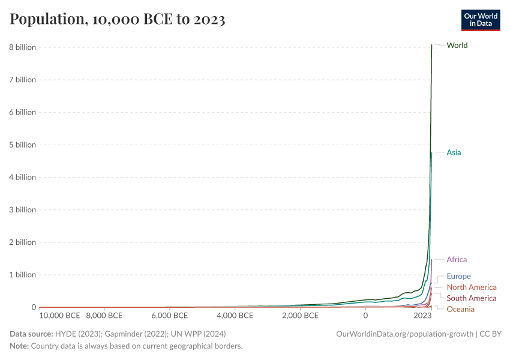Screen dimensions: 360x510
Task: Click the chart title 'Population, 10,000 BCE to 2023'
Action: coord(118,19)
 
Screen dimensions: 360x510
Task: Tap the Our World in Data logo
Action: coord(480,20)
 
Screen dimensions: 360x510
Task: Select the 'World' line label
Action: coord(457,46)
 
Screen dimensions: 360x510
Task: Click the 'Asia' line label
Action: coord(454,152)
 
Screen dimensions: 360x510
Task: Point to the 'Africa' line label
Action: coord(456,260)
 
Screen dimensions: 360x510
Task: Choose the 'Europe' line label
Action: coord(458,277)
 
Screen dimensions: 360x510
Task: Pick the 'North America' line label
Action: coord(471,287)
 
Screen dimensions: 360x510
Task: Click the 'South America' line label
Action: coord(471,298)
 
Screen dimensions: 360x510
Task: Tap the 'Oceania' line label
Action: coord(460,309)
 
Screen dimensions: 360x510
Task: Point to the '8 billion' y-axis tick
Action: coord(21,47)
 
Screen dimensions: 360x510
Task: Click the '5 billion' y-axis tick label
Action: coord(21,145)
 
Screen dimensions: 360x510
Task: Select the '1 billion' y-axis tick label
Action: coord(21,275)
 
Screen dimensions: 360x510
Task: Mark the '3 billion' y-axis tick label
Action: coord(21,210)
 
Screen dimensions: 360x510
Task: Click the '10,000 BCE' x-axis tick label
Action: coord(60,316)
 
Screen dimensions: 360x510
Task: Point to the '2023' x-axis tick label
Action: coord(422,316)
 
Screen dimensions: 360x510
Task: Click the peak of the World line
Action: coord(431,45)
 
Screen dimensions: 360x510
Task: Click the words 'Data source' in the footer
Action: coord(30,334)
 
